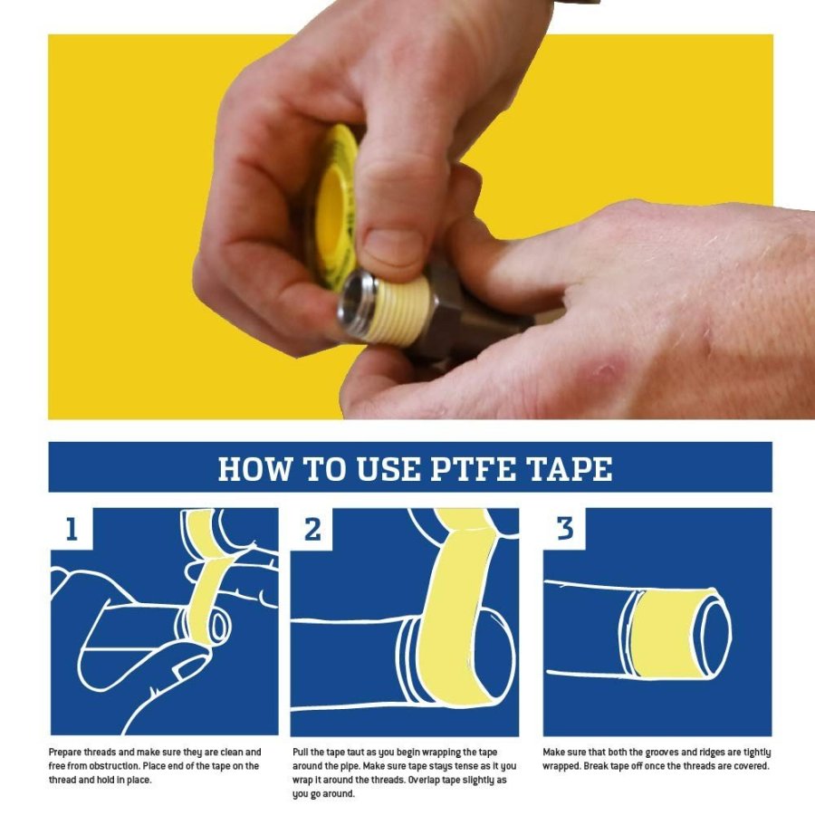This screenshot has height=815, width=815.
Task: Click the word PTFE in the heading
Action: pos(473,469)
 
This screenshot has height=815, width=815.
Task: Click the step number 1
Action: pos(72,529)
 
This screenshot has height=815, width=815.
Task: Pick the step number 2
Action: pos(312,529)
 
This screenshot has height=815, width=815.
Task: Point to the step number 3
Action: pos(565,529)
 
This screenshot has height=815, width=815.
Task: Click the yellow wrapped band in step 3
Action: pos(661,634)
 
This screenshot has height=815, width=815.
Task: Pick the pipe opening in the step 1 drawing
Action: pos(220,628)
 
